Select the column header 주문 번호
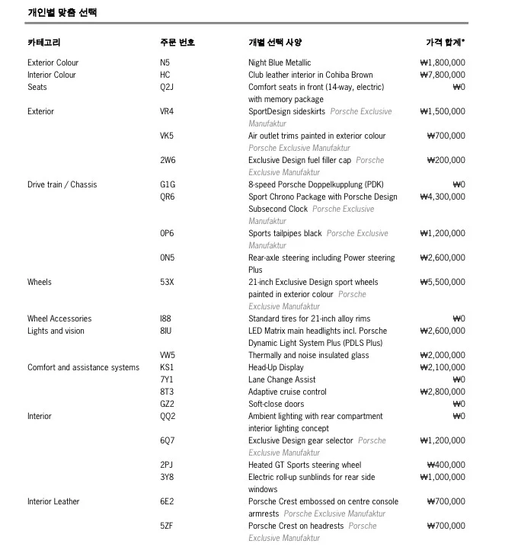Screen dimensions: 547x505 (177, 42)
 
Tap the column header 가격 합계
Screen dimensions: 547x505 (445, 42)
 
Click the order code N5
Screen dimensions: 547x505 (165, 62)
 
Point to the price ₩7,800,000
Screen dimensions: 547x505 (442, 75)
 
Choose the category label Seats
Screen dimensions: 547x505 (37, 87)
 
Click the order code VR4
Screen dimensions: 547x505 (167, 111)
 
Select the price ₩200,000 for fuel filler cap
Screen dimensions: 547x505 (446, 160)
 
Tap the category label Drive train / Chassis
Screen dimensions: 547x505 (62, 184)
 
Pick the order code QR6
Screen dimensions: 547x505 (167, 197)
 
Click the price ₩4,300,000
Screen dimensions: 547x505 (442, 197)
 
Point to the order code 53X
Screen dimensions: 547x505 (167, 282)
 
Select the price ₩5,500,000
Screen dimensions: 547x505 (442, 282)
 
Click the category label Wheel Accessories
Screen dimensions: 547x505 (59, 318)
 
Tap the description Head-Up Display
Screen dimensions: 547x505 (276, 367)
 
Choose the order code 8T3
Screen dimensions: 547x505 (166, 392)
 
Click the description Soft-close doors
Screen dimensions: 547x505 (276, 404)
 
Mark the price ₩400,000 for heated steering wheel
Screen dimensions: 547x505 (446, 465)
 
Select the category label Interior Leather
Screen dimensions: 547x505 (53, 501)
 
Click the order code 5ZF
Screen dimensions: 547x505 (167, 526)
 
